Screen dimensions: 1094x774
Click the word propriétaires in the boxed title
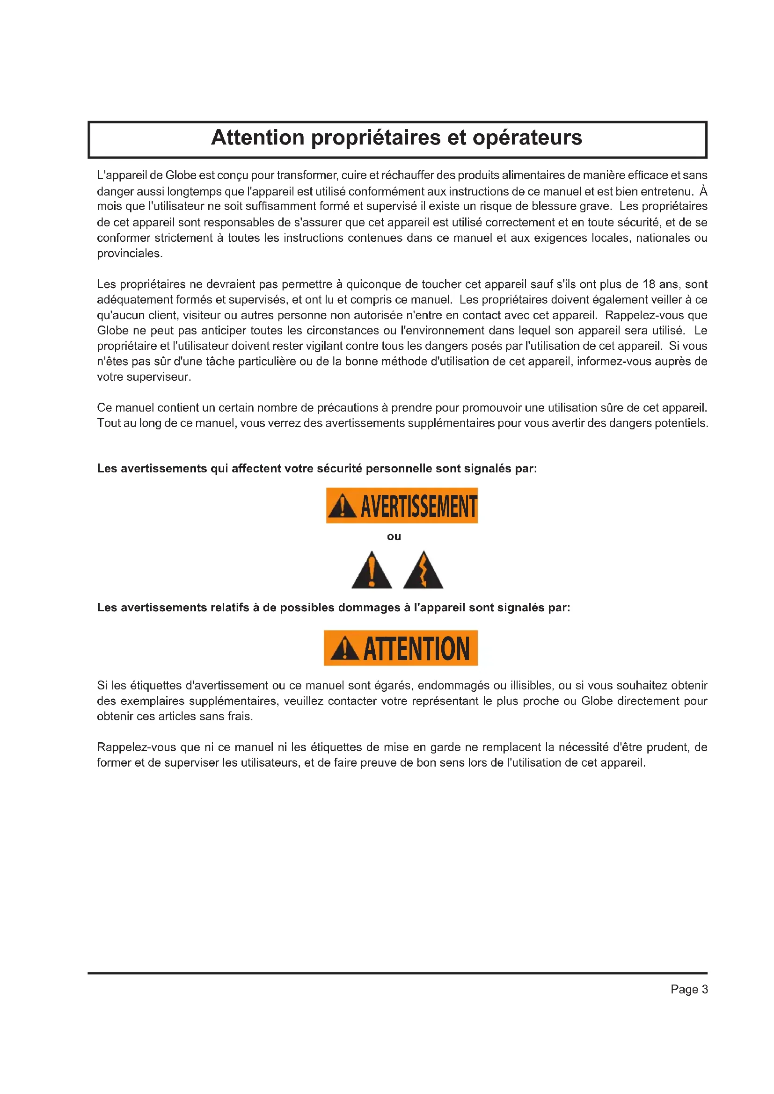tap(376, 138)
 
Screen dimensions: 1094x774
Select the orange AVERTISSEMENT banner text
tap(418, 506)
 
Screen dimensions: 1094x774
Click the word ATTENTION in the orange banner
tap(416, 648)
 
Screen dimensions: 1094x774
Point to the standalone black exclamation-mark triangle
tap(372, 571)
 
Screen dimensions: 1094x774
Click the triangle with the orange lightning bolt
tap(423, 571)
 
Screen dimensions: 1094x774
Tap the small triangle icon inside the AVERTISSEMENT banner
tap(342, 507)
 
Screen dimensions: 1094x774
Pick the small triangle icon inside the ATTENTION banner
tap(344, 649)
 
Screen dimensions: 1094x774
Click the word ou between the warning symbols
tap(394, 536)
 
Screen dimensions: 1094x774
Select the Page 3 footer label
tap(689, 990)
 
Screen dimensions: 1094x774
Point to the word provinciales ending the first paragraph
tap(129, 254)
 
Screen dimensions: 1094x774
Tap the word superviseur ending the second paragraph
tap(144, 377)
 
